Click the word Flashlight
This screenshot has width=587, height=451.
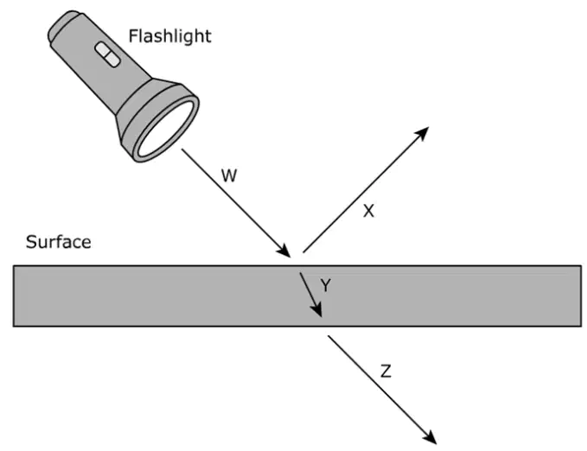[170, 36]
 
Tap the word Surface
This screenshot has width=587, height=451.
[59, 242]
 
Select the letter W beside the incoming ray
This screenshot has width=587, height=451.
[229, 175]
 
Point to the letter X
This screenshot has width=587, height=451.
[369, 211]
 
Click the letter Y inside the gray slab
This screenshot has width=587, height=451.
[326, 286]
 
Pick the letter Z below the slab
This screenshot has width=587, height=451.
[386, 372]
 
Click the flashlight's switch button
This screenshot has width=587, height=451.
[107, 54]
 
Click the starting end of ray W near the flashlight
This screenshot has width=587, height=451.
[182, 149]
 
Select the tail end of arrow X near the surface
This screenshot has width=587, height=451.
[303, 252]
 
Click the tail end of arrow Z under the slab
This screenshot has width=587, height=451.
[329, 336]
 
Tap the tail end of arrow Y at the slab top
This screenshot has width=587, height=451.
[300, 273]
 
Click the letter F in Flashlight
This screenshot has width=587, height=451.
[133, 36]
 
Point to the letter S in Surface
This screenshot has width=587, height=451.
[31, 242]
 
